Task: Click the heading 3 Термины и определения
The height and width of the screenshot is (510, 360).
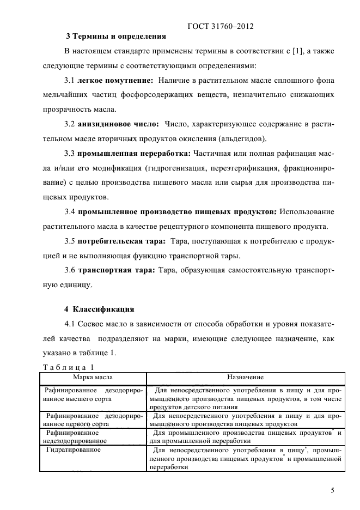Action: pos(115,37)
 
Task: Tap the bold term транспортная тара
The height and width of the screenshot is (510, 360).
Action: pos(117,270)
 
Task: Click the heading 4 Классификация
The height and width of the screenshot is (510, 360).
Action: pos(99,309)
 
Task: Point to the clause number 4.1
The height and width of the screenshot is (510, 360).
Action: pos(71,325)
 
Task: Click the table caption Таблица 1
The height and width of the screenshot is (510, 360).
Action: pos(69,367)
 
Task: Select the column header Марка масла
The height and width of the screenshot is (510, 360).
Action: pos(94,377)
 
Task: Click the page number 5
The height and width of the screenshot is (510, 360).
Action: pos(332,490)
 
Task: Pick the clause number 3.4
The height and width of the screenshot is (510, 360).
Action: pos(71,211)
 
